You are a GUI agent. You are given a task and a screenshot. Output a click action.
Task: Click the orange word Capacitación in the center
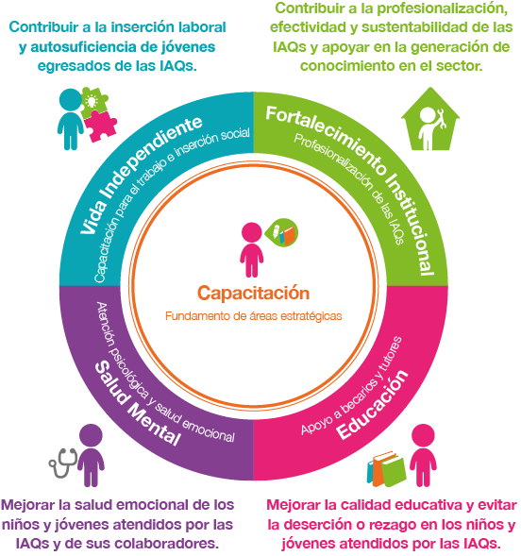(x=253, y=294)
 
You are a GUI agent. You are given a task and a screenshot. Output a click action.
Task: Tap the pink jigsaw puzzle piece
(x=101, y=126)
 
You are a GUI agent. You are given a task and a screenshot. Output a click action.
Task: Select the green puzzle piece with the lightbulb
(x=93, y=101)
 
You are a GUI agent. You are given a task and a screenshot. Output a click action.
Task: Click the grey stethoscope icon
(x=63, y=463)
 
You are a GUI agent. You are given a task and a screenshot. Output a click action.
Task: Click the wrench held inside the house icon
(x=441, y=119)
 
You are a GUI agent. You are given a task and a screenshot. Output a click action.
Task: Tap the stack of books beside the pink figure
(x=386, y=469)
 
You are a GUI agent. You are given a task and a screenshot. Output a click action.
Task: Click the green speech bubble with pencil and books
(x=282, y=232)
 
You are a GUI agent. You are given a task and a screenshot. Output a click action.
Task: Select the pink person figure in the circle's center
(x=252, y=250)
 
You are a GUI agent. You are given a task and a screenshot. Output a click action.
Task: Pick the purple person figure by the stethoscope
(x=92, y=455)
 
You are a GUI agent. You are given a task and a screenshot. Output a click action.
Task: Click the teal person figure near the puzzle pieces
(x=71, y=119)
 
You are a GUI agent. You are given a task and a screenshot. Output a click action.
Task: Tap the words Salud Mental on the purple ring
(x=138, y=403)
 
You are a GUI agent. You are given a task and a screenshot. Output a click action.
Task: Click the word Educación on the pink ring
(x=372, y=404)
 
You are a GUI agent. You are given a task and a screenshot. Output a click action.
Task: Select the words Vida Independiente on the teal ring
(x=141, y=175)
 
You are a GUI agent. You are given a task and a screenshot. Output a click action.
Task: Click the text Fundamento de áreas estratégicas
(x=253, y=316)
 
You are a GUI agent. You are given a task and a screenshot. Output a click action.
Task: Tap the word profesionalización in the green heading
(x=443, y=9)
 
